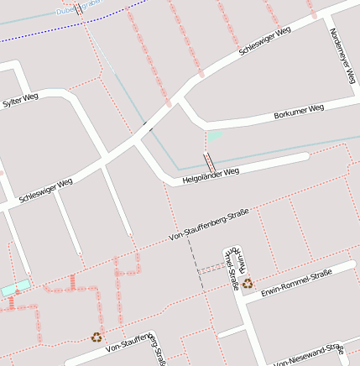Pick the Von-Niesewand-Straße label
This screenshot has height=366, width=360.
coord(309,356)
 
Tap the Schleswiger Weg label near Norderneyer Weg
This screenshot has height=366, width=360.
coord(264,41)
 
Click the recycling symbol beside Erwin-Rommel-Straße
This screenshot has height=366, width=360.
coord(248,284)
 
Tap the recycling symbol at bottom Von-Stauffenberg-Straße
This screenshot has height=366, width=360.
coord(97,337)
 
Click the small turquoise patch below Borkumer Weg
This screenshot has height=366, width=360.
coord(215,135)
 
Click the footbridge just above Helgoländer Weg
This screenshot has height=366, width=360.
coord(207,161)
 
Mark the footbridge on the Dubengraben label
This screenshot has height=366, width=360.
coord(78,9)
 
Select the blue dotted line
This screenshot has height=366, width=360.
coord(34,34)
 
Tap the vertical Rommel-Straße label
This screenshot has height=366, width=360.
coord(232,267)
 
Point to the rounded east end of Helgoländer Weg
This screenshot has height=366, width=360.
coord(304,156)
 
